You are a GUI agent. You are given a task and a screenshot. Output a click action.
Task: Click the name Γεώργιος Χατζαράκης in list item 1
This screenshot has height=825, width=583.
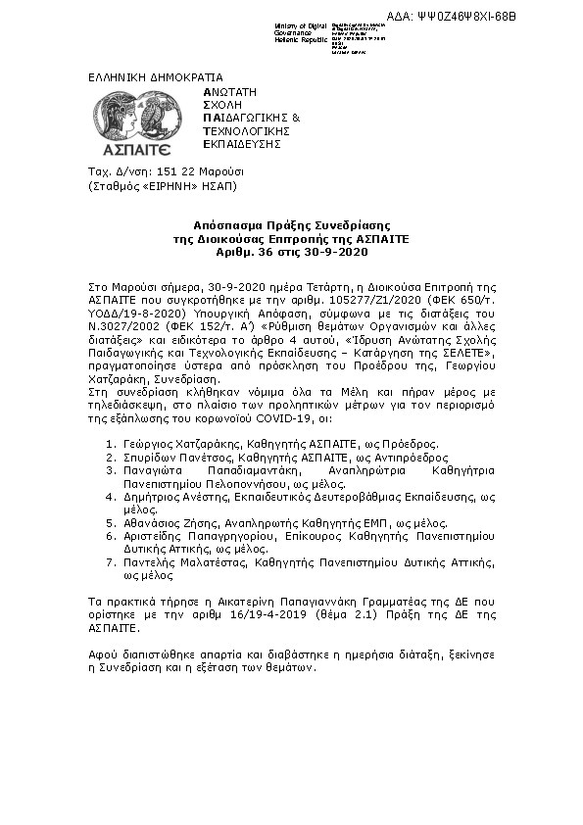pyautogui.click(x=182, y=443)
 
